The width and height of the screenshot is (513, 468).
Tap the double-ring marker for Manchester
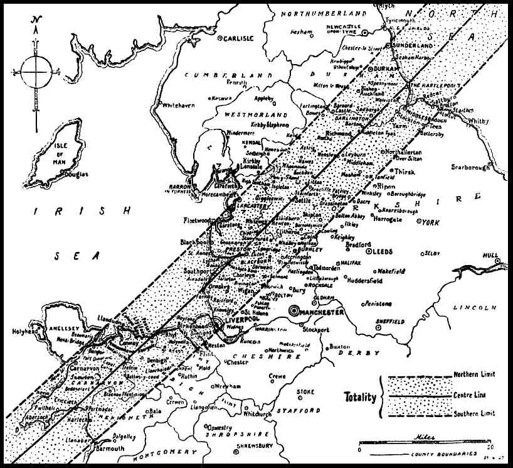tap(295, 310)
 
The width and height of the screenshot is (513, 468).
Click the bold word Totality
tap(361, 396)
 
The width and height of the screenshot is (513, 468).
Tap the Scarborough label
tap(472, 166)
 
